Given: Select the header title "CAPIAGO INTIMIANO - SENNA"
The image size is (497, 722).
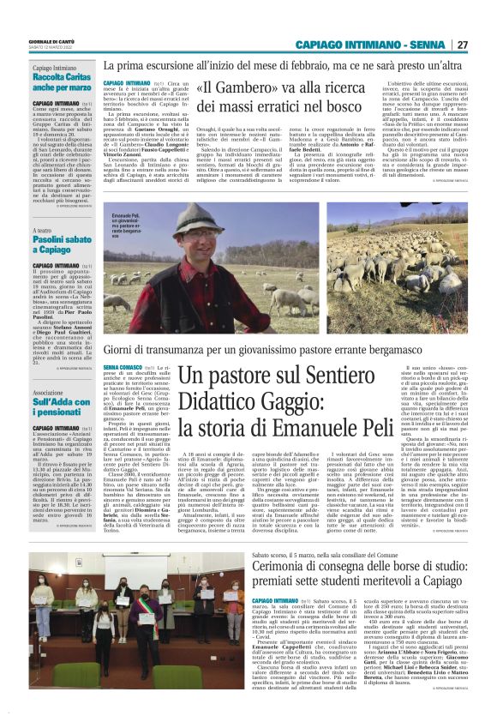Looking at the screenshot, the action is click(x=371, y=45).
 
